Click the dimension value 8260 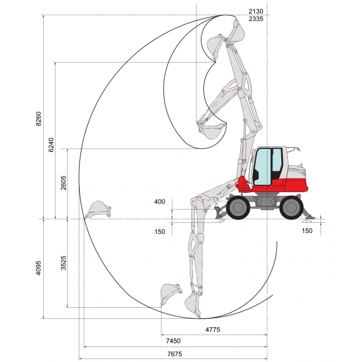pyautogui.click(x=38, y=119)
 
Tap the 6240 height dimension pyautogui.click(x=51, y=145)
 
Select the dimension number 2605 pyautogui.click(x=63, y=183)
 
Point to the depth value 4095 pyautogui.click(x=38, y=268)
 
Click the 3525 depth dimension pyautogui.click(x=63, y=263)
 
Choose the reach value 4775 pyautogui.click(x=212, y=330)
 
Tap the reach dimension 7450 pyautogui.click(x=173, y=341)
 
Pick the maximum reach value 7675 pyautogui.click(x=175, y=354)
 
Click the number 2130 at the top pyautogui.click(x=256, y=11)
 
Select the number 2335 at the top pyautogui.click(x=256, y=19)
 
